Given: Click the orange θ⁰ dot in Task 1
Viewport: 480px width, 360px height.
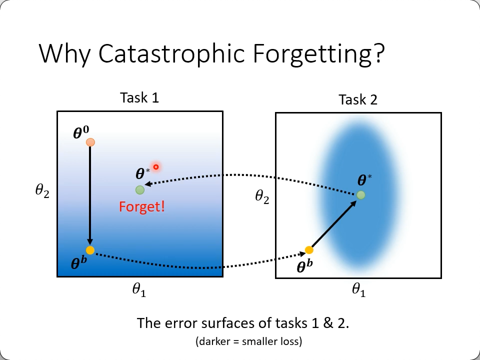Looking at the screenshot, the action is click(x=90, y=142).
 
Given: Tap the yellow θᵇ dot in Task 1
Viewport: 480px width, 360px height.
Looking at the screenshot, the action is click(x=90, y=250).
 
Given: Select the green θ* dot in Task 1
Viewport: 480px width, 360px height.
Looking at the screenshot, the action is click(x=140, y=190).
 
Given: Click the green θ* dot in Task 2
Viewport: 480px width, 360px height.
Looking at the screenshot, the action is click(x=361, y=195).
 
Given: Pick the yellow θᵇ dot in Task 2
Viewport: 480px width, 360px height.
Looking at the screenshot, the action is click(x=309, y=250).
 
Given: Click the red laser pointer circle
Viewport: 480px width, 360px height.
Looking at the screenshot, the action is click(x=156, y=167).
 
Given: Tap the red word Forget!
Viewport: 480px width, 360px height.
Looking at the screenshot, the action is click(x=141, y=206).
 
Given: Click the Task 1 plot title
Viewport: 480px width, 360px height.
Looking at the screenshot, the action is click(x=139, y=97).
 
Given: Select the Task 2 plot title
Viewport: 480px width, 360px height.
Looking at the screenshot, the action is click(x=358, y=99).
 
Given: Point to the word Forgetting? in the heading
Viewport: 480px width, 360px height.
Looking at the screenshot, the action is click(x=318, y=54).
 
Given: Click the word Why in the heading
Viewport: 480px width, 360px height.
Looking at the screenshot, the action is click(x=64, y=54).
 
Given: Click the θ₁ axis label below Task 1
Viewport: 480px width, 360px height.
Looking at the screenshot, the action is click(x=139, y=289).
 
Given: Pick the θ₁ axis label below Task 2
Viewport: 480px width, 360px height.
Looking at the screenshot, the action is click(x=359, y=289).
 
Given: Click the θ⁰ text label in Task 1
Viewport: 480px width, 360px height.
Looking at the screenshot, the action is click(x=81, y=132).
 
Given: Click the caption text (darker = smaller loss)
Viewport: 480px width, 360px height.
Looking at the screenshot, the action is click(x=249, y=341).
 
